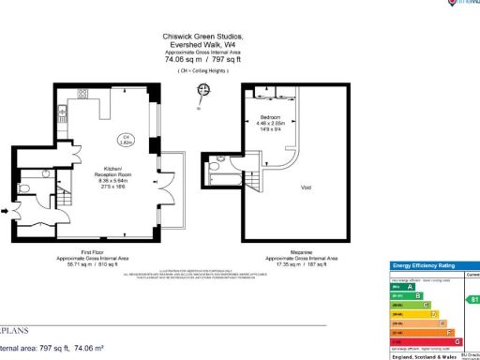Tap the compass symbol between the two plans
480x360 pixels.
pos(200,90)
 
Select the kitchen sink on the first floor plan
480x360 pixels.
pos(82,92)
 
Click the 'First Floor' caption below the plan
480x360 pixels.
pos(92,253)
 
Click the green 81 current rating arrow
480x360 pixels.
pos(473,300)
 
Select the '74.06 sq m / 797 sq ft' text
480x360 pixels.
pos(202,59)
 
